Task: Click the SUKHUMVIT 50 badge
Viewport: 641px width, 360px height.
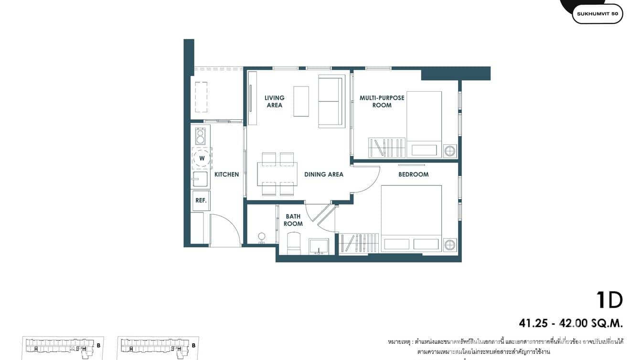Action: (x=597, y=14)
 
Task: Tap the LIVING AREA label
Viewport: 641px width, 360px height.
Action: (x=275, y=101)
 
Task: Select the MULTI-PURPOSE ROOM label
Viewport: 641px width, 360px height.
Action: (x=382, y=101)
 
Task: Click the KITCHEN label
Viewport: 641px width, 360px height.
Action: (x=226, y=174)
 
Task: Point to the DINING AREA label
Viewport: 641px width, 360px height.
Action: (x=324, y=174)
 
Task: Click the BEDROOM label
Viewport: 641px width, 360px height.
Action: (x=413, y=174)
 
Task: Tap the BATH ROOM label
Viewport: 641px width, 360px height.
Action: (x=293, y=220)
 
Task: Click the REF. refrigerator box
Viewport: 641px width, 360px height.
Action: (x=201, y=201)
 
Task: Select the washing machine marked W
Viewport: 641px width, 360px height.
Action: (x=202, y=158)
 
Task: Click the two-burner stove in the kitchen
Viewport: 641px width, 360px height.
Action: (x=200, y=136)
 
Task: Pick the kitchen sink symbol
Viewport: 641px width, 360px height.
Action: (x=200, y=180)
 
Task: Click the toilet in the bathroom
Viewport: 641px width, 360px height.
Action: (x=293, y=243)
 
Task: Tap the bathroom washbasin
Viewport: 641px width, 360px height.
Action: (x=318, y=245)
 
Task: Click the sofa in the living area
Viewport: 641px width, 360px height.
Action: (x=331, y=101)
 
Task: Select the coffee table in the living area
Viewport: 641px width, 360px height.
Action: (x=301, y=101)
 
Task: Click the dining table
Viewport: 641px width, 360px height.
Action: (x=277, y=174)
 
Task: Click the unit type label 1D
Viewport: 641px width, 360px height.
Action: (x=609, y=300)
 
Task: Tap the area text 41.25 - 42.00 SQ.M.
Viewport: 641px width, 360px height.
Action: (x=571, y=324)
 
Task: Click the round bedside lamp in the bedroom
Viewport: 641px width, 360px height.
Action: (x=449, y=245)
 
